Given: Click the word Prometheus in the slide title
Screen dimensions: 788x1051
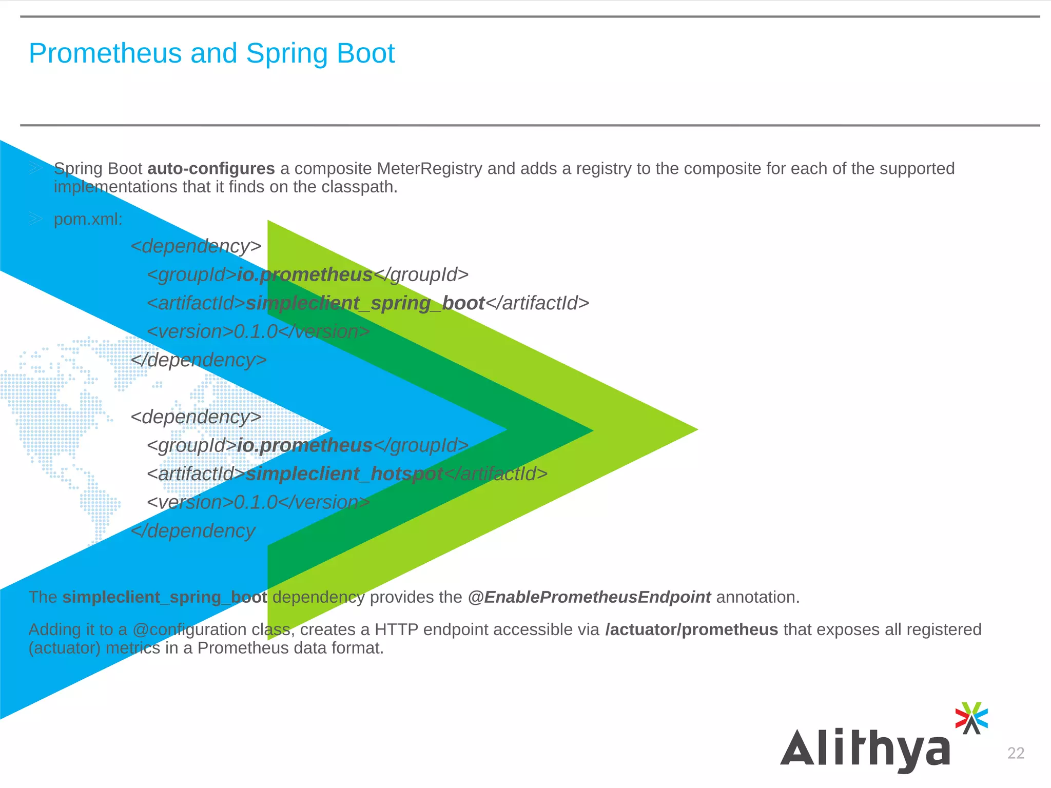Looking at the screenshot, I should coord(105,53).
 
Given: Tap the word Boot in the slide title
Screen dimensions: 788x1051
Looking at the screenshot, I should coord(365,53).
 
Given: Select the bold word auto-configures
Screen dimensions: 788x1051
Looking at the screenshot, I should coord(211,169).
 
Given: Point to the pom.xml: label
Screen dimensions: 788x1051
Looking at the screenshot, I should coord(88,220).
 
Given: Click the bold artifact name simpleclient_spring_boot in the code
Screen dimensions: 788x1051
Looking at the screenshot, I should coord(365,303).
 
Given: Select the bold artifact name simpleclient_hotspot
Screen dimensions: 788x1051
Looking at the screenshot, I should coord(344,474).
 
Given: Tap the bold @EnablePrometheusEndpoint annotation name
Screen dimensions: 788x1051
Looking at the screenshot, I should coord(589,597).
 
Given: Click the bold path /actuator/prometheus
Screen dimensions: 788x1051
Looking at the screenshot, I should coord(691,629).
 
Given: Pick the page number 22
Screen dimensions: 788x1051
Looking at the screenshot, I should coord(1016,753).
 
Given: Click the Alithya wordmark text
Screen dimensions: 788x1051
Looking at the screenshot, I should coord(865,749).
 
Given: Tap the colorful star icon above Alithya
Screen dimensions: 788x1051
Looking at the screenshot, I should coord(971,718).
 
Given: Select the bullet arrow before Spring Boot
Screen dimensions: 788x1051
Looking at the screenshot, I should coord(35,168).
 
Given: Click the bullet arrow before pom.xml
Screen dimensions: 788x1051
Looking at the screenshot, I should coord(35,220).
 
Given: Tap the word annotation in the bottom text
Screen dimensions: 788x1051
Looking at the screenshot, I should coord(757,597).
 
